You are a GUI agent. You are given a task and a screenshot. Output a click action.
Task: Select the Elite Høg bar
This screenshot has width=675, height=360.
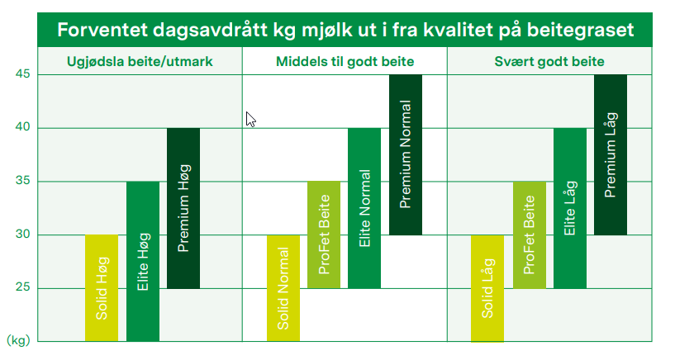click(142, 261)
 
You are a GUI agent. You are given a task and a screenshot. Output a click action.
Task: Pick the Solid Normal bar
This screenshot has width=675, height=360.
click(283, 288)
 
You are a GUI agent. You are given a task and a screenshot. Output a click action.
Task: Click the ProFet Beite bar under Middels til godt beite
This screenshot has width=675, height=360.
click(324, 234)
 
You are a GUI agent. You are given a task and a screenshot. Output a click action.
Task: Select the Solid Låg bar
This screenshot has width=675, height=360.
click(487, 288)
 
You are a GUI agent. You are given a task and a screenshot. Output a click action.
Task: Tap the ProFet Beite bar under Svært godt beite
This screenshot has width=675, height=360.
click(529, 234)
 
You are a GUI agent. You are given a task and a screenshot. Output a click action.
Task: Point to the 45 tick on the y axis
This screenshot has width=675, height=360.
click(22, 74)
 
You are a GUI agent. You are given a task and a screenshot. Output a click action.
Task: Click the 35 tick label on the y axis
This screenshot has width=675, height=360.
click(22, 181)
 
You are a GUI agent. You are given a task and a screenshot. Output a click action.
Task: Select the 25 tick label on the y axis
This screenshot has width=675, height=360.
click(22, 287)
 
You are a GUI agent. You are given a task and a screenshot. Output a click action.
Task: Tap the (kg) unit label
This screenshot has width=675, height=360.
click(17, 339)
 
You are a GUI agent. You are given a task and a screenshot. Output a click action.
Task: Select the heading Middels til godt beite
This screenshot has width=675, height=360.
click(345, 62)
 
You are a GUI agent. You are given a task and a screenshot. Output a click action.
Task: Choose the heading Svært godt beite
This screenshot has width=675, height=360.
click(549, 62)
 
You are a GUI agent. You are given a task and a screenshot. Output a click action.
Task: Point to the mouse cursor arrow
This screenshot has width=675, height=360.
click(250, 119)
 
